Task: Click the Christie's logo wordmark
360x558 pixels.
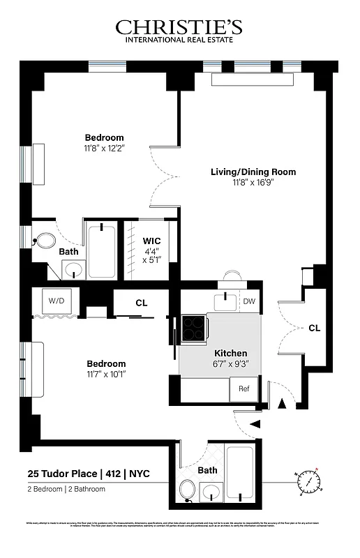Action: click(x=179, y=27)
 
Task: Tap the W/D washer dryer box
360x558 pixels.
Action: click(x=56, y=301)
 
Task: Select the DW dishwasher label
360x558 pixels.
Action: click(x=249, y=301)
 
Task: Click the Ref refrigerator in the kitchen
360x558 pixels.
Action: click(x=244, y=389)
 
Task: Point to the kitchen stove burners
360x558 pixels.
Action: click(x=193, y=328)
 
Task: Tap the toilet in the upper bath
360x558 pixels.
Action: click(x=45, y=242)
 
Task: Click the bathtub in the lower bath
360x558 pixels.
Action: click(x=239, y=472)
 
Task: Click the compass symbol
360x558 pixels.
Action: click(x=308, y=482)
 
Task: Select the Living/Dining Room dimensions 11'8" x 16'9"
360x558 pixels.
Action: click(x=253, y=183)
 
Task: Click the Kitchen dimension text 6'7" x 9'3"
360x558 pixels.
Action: click(x=230, y=363)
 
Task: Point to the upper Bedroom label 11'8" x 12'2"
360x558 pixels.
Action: click(x=105, y=142)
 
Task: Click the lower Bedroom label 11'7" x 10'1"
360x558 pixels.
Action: click(x=106, y=369)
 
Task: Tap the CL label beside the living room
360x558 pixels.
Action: click(x=314, y=328)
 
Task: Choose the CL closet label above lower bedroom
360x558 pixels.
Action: click(x=141, y=303)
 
